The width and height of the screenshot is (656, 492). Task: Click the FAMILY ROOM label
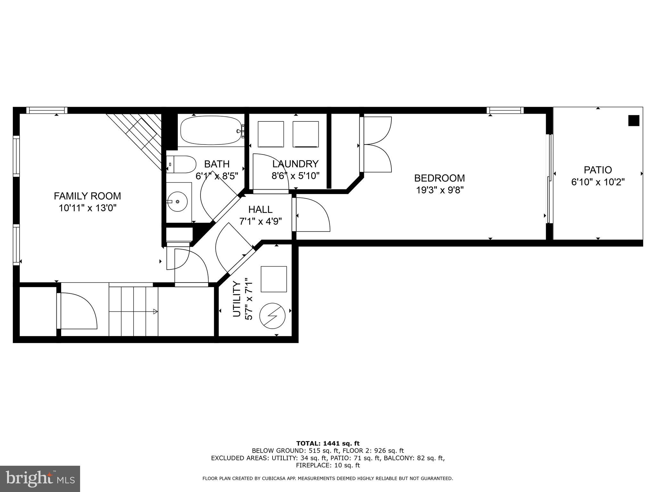click(87, 196)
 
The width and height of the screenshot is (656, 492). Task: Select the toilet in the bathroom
click(182, 164)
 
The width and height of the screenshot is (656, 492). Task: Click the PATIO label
click(598, 170)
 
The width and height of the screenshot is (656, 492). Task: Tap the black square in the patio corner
click(634, 121)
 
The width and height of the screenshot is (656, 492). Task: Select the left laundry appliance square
click(271, 134)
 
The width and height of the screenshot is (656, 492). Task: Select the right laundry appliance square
click(306, 134)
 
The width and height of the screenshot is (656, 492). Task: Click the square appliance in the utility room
click(274, 279)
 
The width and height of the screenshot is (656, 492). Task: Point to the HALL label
click(260, 209)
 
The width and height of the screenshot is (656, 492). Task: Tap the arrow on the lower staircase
click(155, 311)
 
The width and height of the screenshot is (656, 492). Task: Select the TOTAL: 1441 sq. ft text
click(328, 443)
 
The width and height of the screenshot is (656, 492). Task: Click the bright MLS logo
click(40, 479)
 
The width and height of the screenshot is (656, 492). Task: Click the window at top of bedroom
click(505, 111)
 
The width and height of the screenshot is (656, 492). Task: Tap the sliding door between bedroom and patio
click(550, 179)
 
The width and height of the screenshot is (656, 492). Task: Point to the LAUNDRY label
click(295, 164)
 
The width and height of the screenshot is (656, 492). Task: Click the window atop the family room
click(47, 111)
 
